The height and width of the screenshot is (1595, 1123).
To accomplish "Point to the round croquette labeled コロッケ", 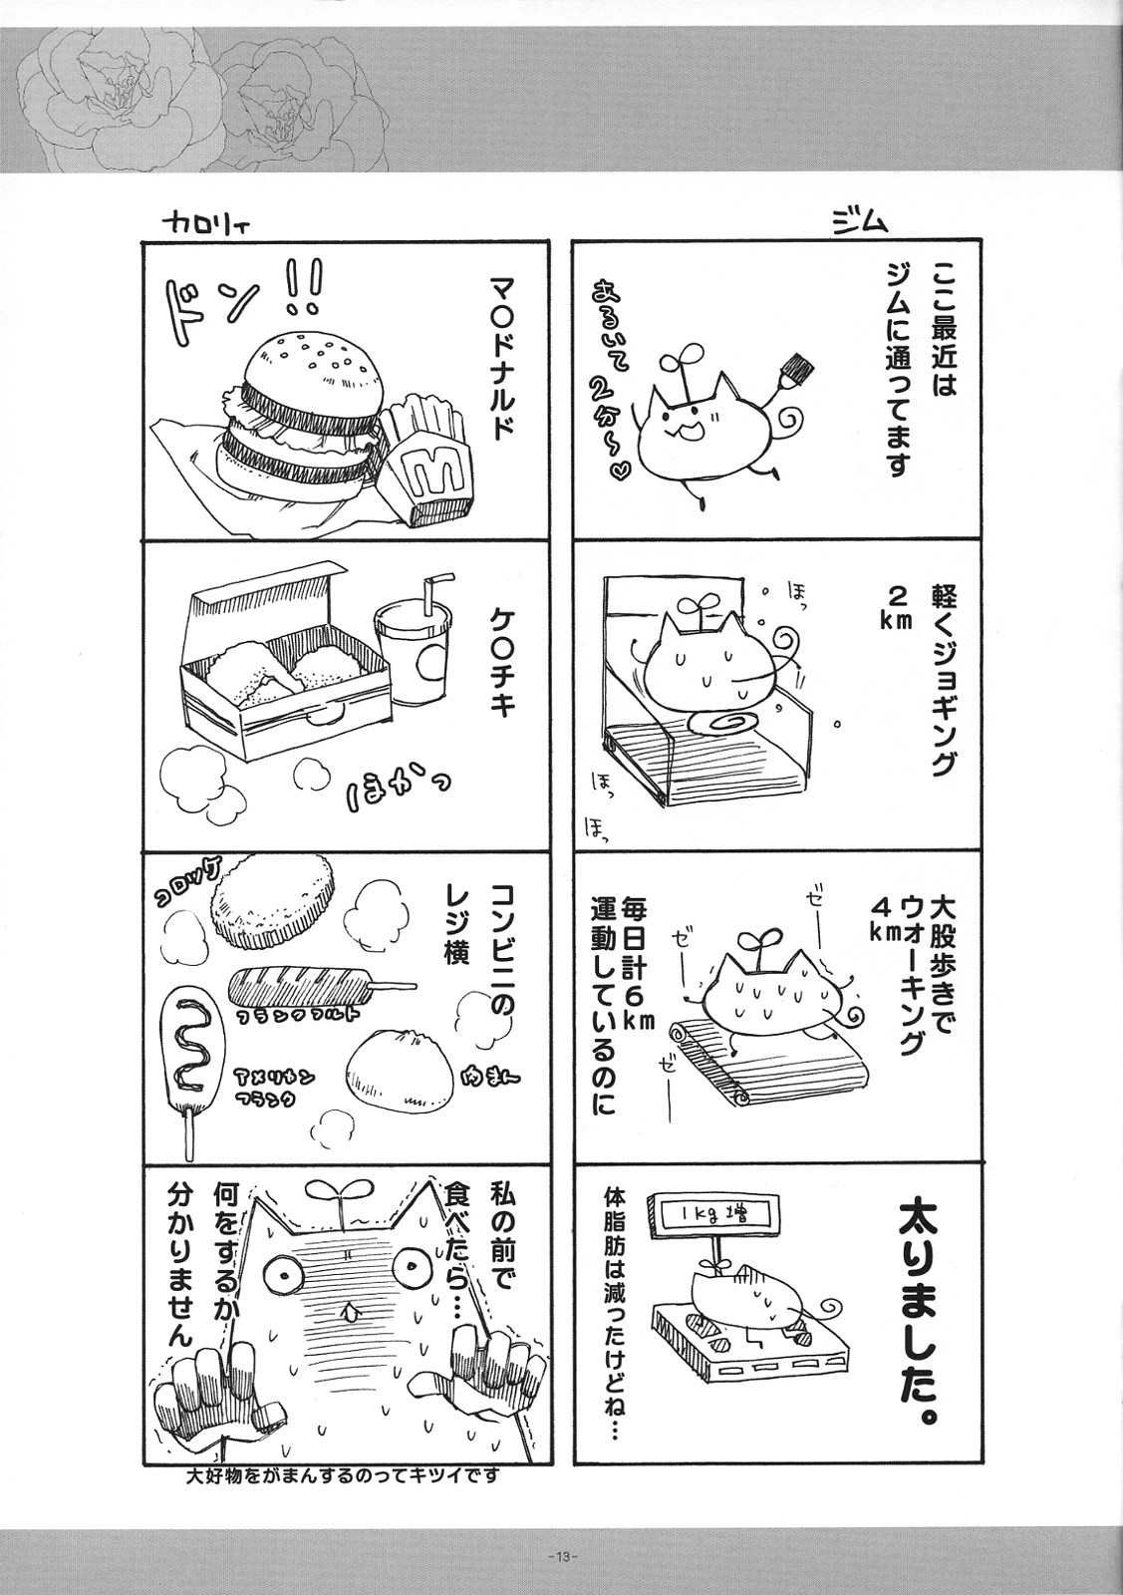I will pos(271,904).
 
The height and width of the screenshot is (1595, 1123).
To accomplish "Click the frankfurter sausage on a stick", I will pos(314,989).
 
